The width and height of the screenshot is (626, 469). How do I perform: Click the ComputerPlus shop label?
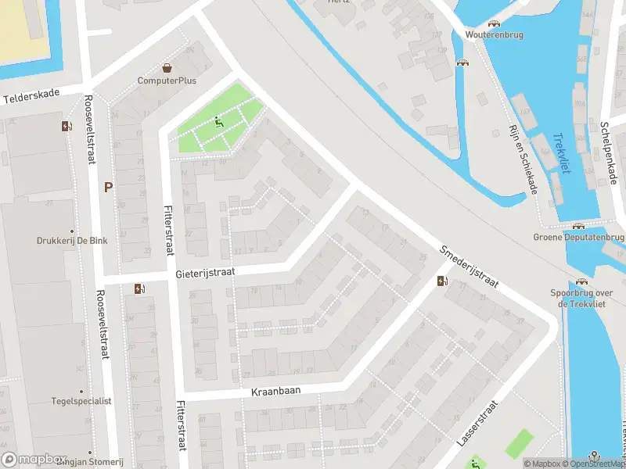tap(167, 81)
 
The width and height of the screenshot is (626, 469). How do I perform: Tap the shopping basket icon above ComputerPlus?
tap(167, 67)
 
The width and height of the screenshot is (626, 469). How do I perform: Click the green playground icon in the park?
tap(218, 122)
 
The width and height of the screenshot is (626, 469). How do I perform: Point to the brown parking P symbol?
tap(109, 187)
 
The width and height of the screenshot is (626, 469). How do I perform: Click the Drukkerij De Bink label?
tap(71, 241)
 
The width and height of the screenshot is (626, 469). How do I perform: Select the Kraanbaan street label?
tap(276, 389)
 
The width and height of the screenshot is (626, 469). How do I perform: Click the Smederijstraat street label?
tap(469, 268)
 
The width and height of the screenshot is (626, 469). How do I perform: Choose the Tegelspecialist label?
tap(81, 401)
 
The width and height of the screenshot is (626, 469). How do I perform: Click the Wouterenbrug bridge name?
tap(494, 35)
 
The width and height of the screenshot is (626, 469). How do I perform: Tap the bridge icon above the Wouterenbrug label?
tap(494, 23)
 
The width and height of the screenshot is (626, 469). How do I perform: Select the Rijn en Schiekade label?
tap(523, 159)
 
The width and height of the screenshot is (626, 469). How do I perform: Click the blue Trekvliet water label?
tap(563, 152)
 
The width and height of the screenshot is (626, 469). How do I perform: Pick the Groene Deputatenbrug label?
tap(578, 237)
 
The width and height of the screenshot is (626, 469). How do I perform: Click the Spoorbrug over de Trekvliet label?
tap(581, 298)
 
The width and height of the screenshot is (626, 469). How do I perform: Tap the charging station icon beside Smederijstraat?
tap(442, 281)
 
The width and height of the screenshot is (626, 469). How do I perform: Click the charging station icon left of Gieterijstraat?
tap(140, 288)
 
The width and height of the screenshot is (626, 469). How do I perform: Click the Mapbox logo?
tap(35, 460)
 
